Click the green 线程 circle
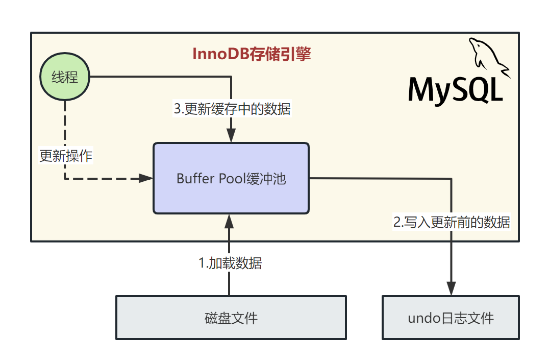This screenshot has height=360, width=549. pos(65,78)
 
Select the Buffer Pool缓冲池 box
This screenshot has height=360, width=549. pos(231,178)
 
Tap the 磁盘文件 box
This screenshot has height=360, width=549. pos(231,318)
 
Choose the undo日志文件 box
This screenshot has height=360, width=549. pos(451,318)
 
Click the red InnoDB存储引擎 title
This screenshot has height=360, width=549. pos(252,54)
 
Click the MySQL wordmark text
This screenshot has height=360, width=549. pos(456,90)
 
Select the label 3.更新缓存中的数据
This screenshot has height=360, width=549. pos(232,109)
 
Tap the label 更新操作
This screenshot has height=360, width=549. pos(66,156)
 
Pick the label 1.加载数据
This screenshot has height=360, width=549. pos(230,263)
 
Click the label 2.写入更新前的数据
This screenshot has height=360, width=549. pos(452,222)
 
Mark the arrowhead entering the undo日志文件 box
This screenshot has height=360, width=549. pos(452,289)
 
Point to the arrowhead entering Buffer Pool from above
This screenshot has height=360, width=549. pos(231,136)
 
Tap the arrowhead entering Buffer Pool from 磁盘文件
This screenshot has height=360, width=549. pos(229,221)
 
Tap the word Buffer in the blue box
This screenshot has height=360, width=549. pos(189,179)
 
